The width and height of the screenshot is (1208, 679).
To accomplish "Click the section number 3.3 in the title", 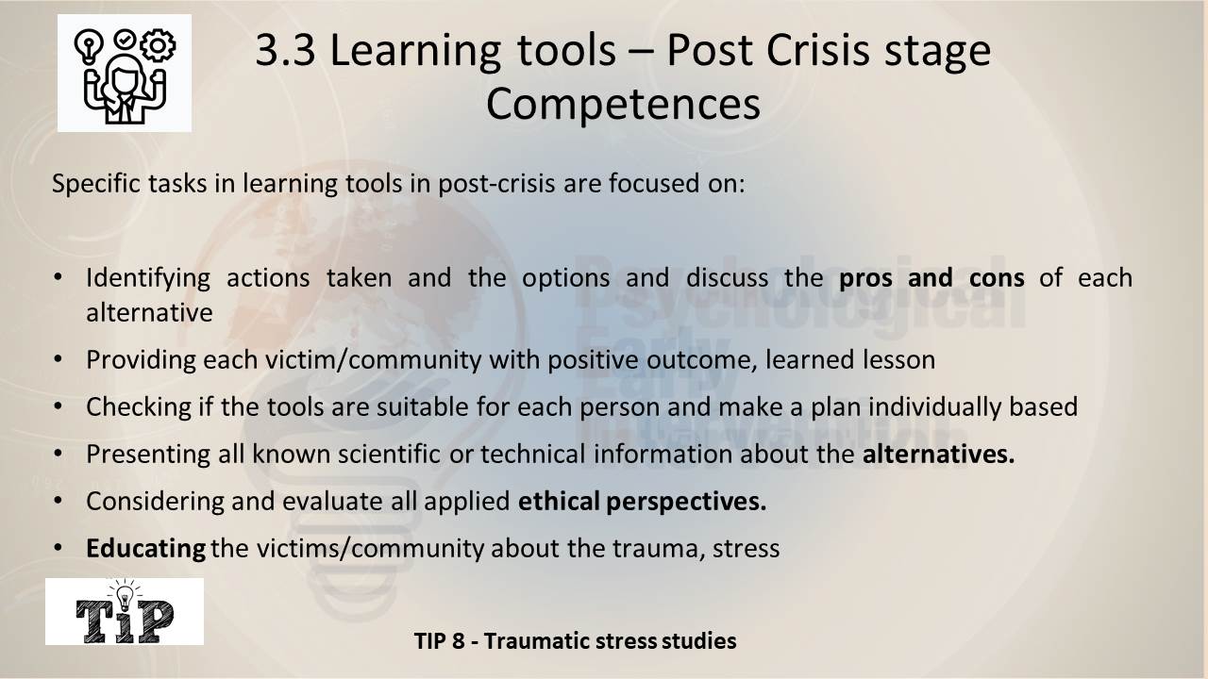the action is click(x=285, y=50).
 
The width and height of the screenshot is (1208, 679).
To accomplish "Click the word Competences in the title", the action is click(x=623, y=105).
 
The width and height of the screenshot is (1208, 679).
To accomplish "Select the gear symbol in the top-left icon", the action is click(x=158, y=45).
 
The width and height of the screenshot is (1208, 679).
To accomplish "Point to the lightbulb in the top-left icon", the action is click(x=89, y=47).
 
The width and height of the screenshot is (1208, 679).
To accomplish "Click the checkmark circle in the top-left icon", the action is click(x=125, y=40).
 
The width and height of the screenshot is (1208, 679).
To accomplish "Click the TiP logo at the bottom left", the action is click(x=125, y=612).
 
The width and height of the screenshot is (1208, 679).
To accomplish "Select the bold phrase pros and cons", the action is click(x=931, y=278).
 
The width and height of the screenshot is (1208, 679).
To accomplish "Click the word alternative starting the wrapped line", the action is click(x=149, y=312).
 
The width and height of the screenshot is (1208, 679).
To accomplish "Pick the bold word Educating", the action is click(x=145, y=549).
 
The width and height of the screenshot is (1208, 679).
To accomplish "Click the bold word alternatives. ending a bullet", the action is click(x=938, y=454).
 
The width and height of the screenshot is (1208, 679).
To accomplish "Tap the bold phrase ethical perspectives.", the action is click(x=642, y=501).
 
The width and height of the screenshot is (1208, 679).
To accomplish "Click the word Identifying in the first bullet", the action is click(x=148, y=278).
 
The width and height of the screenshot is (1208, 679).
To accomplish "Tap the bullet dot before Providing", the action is click(x=59, y=359).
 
